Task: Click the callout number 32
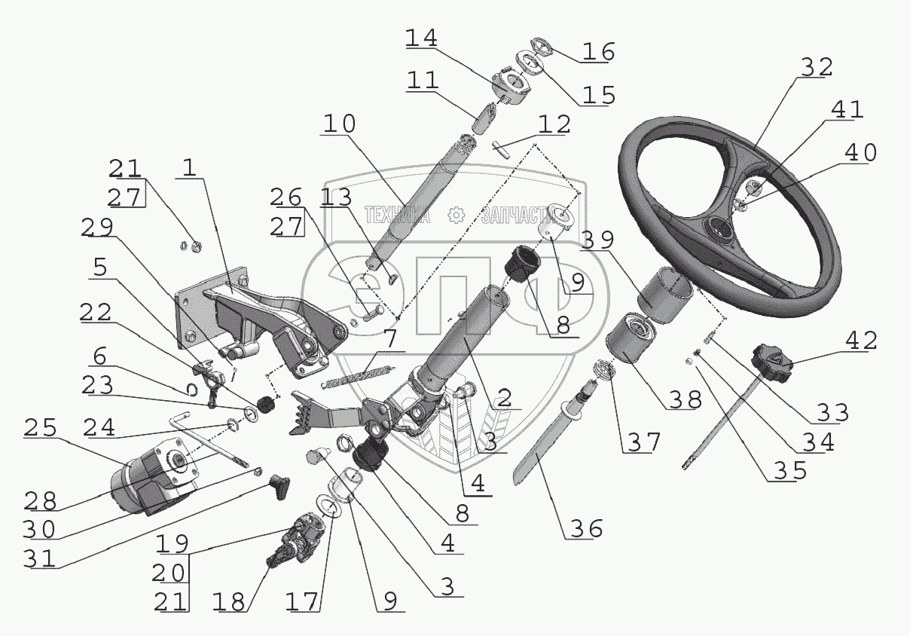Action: [817, 67]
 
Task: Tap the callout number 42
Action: [861, 341]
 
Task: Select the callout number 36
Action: [586, 529]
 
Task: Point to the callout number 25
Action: [40, 427]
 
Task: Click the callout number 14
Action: [421, 38]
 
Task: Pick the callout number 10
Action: [340, 124]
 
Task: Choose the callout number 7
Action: [390, 339]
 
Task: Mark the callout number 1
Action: [190, 167]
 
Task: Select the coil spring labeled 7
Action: [358, 376]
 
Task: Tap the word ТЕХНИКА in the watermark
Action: [397, 215]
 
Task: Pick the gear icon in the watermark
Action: [456, 215]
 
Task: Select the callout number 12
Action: [554, 124]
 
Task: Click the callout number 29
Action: [97, 227]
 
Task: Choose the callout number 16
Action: [598, 52]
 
